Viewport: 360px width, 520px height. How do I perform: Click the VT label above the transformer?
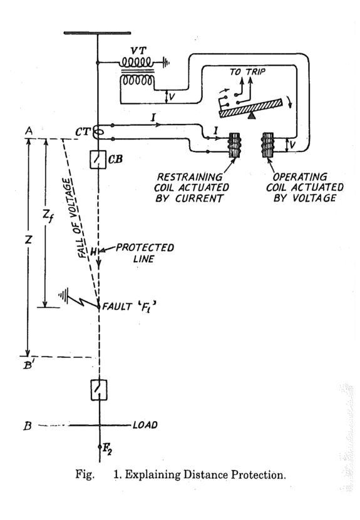click(139, 51)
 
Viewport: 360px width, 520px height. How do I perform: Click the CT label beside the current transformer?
click(83, 132)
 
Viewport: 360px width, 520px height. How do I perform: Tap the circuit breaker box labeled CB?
click(98, 160)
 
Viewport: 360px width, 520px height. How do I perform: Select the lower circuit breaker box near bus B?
click(99, 390)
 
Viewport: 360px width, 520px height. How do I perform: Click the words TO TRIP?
click(247, 71)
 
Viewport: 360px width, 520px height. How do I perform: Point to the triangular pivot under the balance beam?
click(252, 115)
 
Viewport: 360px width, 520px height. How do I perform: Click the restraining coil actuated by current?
click(234, 145)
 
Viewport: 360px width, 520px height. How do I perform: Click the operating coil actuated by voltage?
click(268, 145)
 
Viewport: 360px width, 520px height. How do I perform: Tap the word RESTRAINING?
click(190, 177)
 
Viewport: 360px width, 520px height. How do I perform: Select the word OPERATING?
click(300, 176)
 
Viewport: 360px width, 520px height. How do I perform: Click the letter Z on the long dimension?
click(29, 239)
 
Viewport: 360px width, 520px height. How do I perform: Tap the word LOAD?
click(145, 425)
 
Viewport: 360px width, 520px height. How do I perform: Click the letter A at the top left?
click(29, 131)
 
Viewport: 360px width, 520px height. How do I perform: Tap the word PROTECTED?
click(145, 248)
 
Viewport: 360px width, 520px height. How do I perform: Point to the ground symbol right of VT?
click(165, 62)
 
